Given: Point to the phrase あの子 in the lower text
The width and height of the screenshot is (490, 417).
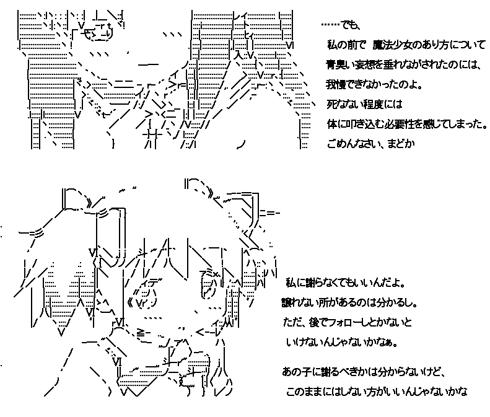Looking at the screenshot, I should pos(294,372).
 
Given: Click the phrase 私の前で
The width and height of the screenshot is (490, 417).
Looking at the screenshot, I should pos(347,45).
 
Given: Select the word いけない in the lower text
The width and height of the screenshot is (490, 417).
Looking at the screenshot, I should pos(305,342).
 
